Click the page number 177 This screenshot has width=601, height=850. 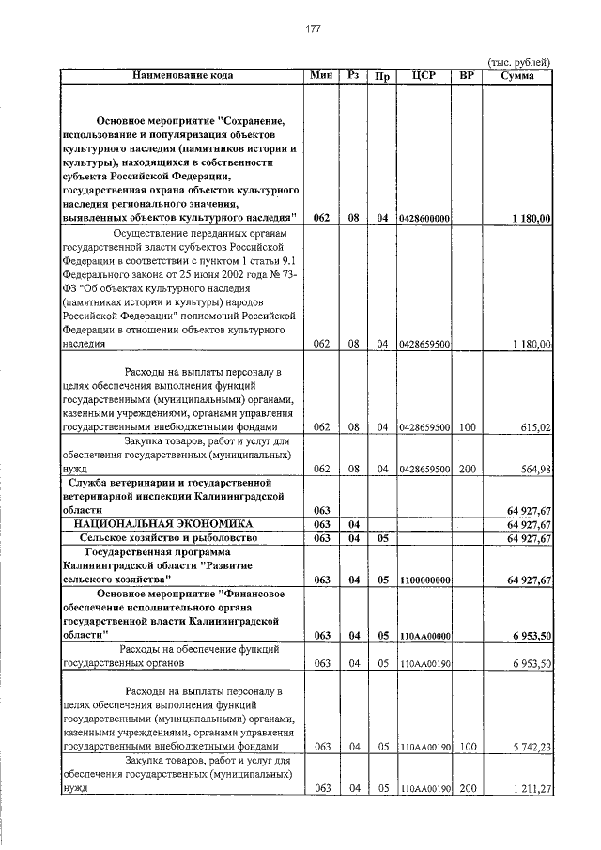coord(313,29)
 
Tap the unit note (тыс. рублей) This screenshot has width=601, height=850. coord(517,62)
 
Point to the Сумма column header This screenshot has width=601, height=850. coord(518,75)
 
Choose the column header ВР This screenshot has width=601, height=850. coord(467,75)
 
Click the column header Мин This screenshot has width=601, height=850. coord(321,75)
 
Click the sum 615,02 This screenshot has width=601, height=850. coord(535,427)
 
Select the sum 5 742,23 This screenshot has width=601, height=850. coord(531,747)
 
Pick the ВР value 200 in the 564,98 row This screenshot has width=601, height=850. coord(467,469)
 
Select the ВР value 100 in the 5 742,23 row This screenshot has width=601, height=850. coord(467,747)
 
